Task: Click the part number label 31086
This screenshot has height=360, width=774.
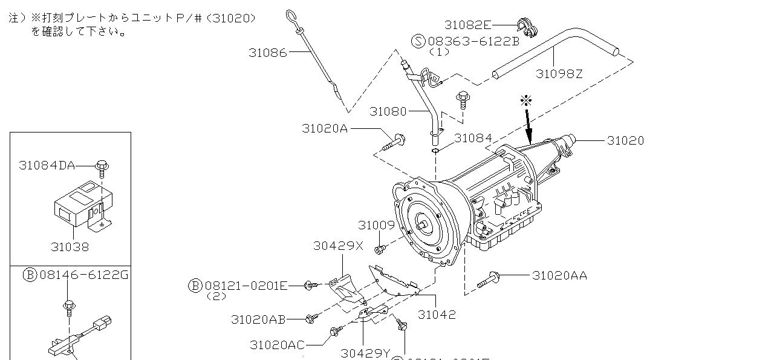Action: (x=267, y=53)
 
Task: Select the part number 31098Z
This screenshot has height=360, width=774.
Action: (x=559, y=74)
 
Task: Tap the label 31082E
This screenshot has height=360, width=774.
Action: (x=467, y=25)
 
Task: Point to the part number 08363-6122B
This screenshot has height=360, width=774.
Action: (x=473, y=41)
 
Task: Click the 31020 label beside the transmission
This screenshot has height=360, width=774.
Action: (x=625, y=140)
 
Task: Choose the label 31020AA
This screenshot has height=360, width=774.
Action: (x=559, y=276)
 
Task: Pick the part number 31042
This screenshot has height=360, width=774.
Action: (x=437, y=315)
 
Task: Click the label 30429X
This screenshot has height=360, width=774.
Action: (x=338, y=246)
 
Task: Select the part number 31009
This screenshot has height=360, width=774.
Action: (x=376, y=225)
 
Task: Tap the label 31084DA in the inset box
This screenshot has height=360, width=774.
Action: (x=55, y=165)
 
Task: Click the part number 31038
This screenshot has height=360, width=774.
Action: (x=70, y=247)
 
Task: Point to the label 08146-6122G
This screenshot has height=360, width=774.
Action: (x=84, y=275)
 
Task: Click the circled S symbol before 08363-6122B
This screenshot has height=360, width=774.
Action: (x=419, y=41)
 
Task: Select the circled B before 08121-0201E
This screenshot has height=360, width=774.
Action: (x=195, y=286)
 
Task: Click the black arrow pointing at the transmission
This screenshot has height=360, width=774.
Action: (x=529, y=124)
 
